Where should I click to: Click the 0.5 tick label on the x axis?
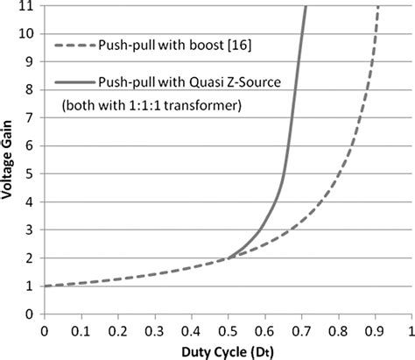click(x=227, y=331)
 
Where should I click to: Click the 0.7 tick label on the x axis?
click(x=300, y=331)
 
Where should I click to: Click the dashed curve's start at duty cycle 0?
click(x=44, y=286)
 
